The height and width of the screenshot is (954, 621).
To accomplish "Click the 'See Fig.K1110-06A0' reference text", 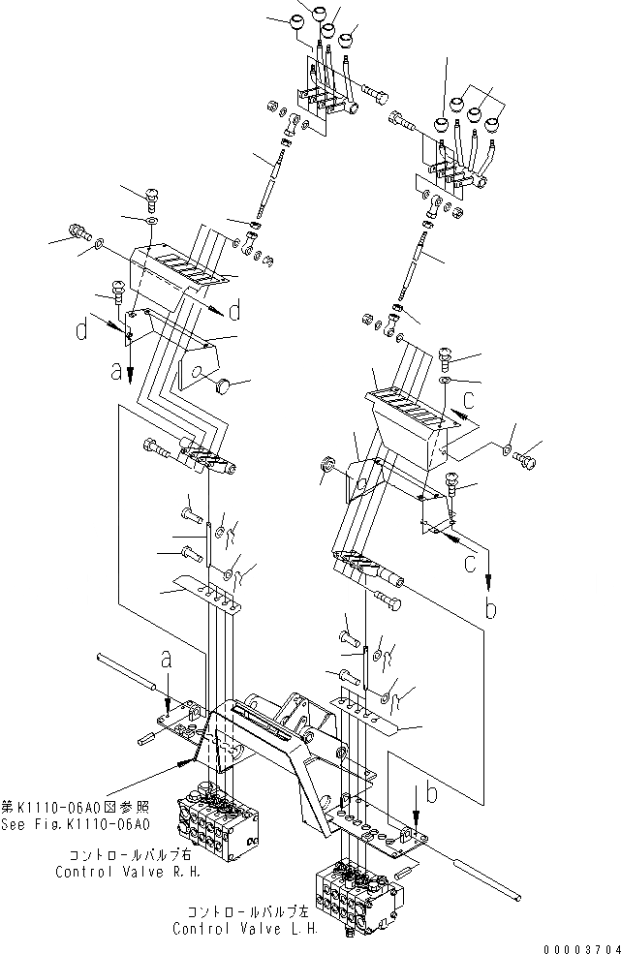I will pyautogui.click(x=76, y=825).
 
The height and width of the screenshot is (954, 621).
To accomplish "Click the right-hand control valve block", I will pyautogui.click(x=215, y=814).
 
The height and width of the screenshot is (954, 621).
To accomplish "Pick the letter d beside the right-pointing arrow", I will pyautogui.click(x=234, y=310).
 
